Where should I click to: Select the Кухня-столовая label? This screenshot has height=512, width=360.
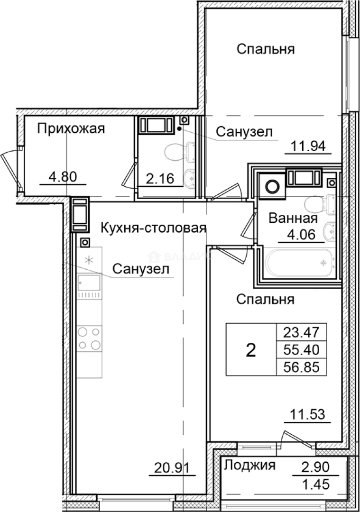tap(154, 229)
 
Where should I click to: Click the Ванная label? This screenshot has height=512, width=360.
tap(292, 219)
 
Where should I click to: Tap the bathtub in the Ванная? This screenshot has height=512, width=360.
tap(298, 264)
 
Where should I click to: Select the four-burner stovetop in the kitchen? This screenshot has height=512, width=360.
tap(90, 338)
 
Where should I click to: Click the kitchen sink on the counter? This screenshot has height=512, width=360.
tap(90, 284)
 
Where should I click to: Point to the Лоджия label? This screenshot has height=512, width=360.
tap(249, 465)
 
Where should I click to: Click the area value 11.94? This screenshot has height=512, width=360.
tap(307, 146)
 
